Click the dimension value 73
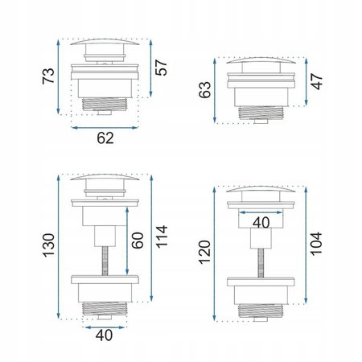tap(48, 76)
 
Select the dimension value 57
tap(161, 68)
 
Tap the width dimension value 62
tap(105, 138)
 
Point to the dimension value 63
tap(205, 90)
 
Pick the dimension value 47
tap(316, 81)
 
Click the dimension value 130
tap(49, 245)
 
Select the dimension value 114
tap(162, 237)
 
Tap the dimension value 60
tap(138, 241)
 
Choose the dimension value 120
tap(204, 253)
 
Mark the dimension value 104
tap(316, 244)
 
